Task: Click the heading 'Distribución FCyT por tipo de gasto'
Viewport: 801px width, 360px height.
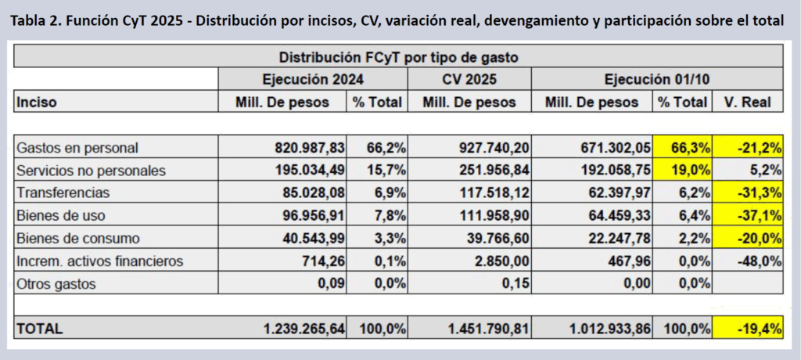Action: click(398, 57)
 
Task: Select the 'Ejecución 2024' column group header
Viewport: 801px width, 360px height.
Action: click(313, 79)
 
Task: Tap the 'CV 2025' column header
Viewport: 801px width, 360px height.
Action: click(469, 79)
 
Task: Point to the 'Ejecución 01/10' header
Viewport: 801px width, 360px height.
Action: click(657, 79)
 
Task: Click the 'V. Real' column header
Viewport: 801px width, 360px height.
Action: click(748, 102)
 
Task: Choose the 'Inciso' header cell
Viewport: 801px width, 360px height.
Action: click(37, 102)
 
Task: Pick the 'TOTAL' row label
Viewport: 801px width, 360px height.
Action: click(40, 329)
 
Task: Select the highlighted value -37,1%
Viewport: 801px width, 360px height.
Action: click(749, 215)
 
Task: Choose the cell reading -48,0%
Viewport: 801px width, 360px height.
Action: click(749, 261)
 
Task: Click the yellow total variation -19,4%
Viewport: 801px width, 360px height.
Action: click(749, 329)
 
